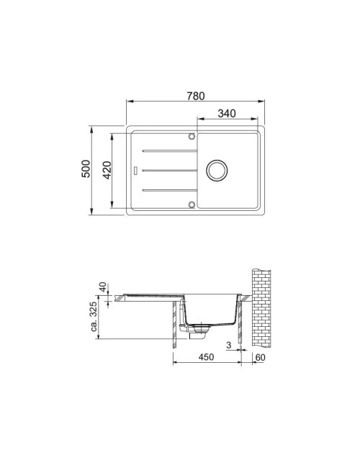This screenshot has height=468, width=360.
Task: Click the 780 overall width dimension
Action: click(x=196, y=96)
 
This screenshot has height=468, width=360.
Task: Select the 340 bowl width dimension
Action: click(x=227, y=114)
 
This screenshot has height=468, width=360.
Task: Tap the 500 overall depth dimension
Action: click(x=86, y=169)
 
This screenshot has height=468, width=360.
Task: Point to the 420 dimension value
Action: click(x=107, y=170)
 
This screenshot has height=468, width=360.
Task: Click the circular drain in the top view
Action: click(x=217, y=171)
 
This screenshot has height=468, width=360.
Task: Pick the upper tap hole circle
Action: click(x=192, y=137)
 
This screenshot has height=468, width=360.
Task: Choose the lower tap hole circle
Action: click(x=192, y=204)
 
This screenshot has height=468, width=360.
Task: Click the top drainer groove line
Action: click(x=169, y=151)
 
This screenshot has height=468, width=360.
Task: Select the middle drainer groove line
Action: click(x=169, y=171)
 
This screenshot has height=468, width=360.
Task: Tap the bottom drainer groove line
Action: click(x=169, y=190)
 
